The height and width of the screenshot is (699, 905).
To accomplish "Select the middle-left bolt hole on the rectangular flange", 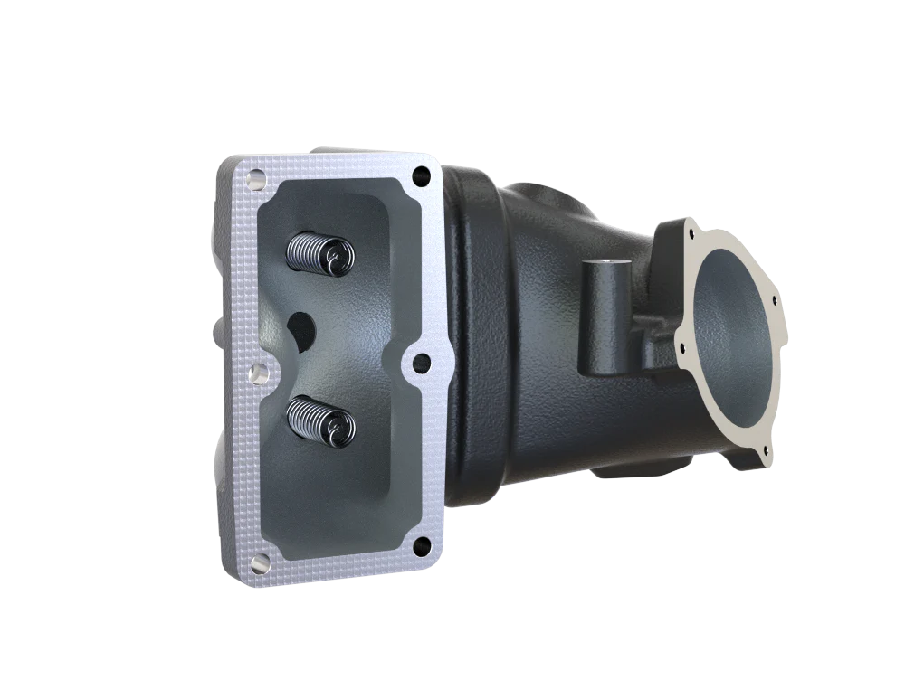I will [255, 372].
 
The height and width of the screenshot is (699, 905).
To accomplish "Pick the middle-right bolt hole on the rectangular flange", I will [419, 362].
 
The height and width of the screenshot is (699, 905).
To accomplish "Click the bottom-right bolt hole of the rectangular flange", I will [419, 544].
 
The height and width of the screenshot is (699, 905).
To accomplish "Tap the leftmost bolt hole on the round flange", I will [678, 343].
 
